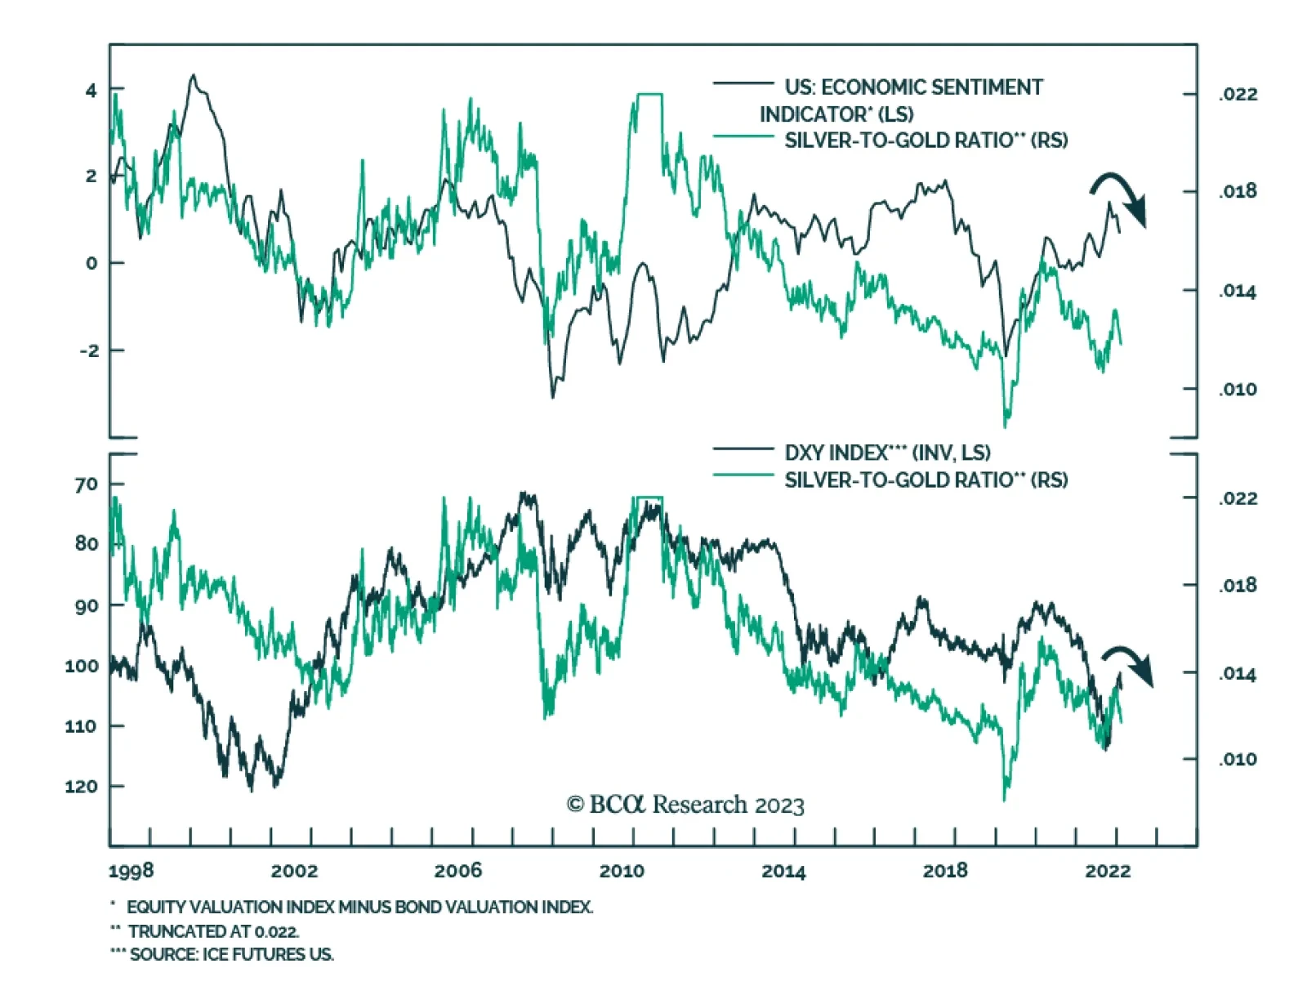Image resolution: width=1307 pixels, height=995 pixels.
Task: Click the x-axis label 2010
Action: click(x=622, y=871)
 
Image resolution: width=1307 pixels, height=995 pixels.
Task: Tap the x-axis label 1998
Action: click(x=131, y=871)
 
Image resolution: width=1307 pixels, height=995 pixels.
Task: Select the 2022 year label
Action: click(x=1108, y=871)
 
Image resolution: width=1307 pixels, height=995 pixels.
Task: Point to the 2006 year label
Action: click(x=457, y=871)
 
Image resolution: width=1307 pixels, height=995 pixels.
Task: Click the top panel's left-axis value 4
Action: click(x=91, y=90)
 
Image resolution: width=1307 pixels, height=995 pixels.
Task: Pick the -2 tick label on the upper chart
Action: click(x=89, y=350)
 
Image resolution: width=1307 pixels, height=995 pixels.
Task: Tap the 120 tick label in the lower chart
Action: click(x=82, y=787)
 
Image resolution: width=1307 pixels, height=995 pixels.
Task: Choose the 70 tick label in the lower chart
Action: click(x=86, y=484)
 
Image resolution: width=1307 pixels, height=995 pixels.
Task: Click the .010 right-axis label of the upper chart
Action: click(x=1238, y=390)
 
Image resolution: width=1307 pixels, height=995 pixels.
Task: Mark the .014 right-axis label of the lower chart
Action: click(x=1238, y=674)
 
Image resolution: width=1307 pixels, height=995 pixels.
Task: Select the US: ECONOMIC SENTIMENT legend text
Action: click(x=913, y=87)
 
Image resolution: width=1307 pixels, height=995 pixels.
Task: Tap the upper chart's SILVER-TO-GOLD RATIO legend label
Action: click(x=926, y=141)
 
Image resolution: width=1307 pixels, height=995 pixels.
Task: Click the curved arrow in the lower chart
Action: click(x=1129, y=664)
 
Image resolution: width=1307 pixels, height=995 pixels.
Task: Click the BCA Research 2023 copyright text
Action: click(x=685, y=805)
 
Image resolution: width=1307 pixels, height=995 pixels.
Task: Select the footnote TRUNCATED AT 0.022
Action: click(x=212, y=931)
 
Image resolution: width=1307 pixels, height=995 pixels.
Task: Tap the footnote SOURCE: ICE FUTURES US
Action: click(x=230, y=954)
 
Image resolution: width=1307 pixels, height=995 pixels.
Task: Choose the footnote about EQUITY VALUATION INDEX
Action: click(x=359, y=907)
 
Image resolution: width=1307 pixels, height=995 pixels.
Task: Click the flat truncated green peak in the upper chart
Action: click(x=649, y=95)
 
